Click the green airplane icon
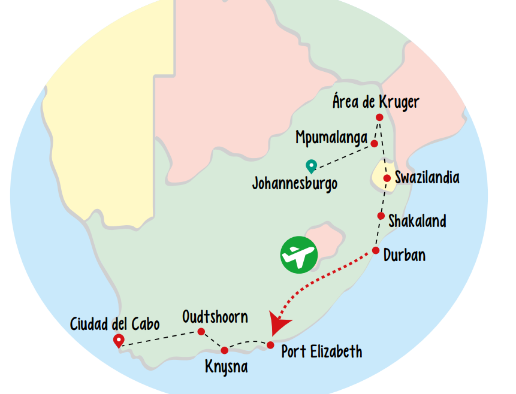coord(298,254)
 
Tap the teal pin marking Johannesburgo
coord(311,166)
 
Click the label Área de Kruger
coord(376,102)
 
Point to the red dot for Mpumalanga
coord(374,144)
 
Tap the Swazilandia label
coord(427,178)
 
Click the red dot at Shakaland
coord(381,216)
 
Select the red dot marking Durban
coord(376,250)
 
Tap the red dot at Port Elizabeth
coord(270,345)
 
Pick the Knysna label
coord(226,366)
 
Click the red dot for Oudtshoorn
coord(201,332)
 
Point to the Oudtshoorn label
coord(215,316)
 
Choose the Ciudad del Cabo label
coord(115,325)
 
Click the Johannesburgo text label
coord(294,183)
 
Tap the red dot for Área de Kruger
coord(379,117)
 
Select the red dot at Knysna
coord(225,350)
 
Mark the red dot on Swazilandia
coord(387,178)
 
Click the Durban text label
coord(405,255)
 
